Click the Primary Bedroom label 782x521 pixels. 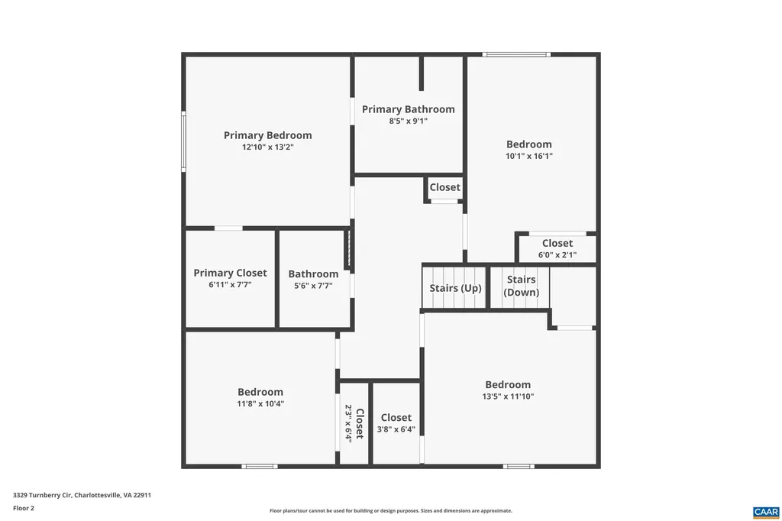point(267,135)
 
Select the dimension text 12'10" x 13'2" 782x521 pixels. point(267,147)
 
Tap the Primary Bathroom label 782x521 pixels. point(408,109)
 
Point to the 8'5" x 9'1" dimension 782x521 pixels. point(408,121)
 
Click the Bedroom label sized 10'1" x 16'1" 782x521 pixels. point(528,144)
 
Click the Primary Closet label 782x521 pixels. point(230,273)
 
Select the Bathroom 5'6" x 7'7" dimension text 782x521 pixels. point(313,285)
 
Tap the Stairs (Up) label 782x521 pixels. point(455,288)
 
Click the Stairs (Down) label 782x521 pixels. point(521,286)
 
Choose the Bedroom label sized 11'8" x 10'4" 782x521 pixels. point(260,392)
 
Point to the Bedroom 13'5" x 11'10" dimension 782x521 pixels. point(508,396)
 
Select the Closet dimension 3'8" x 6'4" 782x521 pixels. point(396,429)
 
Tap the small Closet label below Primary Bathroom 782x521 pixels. point(444,187)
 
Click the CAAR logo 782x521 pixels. point(765,511)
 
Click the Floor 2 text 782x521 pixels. point(24,507)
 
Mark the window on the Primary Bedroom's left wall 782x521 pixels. point(183,141)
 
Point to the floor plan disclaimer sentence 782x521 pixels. point(390,511)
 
